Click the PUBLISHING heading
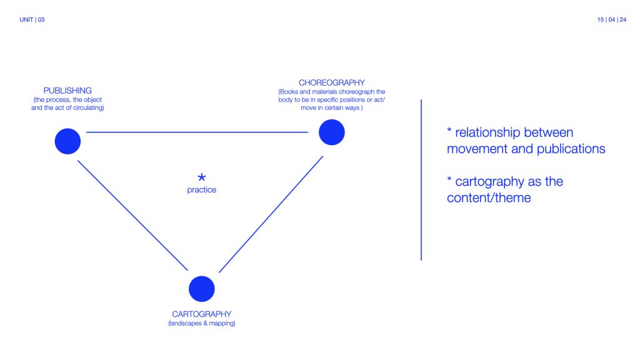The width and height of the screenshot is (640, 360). (x=67, y=91)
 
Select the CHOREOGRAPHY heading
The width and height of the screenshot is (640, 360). (x=331, y=82)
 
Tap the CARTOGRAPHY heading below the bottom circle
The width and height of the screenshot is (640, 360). (x=201, y=314)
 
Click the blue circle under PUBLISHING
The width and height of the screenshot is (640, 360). (x=67, y=141)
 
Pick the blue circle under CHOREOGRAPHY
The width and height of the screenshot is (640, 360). (x=331, y=132)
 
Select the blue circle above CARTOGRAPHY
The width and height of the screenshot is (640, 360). (x=201, y=289)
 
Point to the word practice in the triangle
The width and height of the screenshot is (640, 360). (x=201, y=190)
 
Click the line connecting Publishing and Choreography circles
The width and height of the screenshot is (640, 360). (x=197, y=132)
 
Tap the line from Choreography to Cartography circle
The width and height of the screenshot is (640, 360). (x=271, y=214)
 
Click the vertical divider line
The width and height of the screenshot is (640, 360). (x=421, y=180)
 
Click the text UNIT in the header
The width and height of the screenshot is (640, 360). (x=27, y=20)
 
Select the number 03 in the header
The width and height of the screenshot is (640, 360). (x=41, y=20)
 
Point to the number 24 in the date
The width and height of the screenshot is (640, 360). (x=623, y=20)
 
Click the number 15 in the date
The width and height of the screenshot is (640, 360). (x=601, y=20)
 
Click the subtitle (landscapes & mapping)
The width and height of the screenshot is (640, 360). (x=201, y=324)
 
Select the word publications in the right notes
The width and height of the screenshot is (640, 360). (x=569, y=149)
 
